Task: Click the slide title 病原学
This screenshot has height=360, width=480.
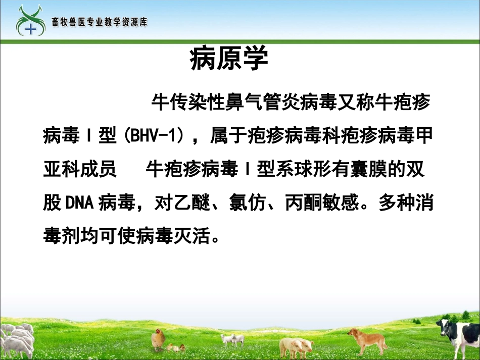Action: [229, 60]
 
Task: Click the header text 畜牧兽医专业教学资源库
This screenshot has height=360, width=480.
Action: [100, 22]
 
